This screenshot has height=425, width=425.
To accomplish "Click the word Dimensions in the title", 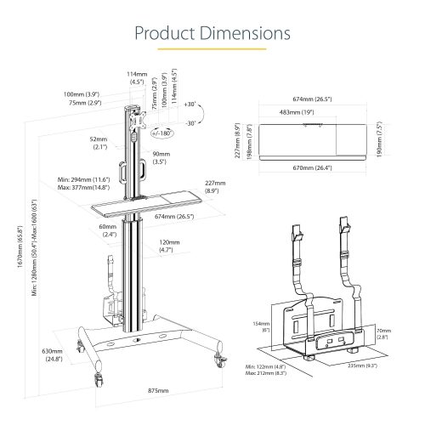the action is click(245, 33).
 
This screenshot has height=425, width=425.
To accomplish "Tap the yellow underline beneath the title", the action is click(212, 49).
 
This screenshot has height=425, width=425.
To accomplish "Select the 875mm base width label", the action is click(158, 390).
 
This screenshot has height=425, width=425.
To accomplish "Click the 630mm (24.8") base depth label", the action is click(53, 355).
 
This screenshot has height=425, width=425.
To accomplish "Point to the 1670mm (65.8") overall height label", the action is click(20, 246).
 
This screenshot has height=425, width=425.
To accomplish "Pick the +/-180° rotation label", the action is click(161, 133).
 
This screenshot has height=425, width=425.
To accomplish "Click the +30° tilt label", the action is click(190, 104).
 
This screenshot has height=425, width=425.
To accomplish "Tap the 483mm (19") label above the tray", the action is click(297, 112).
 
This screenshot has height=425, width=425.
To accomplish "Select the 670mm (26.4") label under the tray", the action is click(312, 167).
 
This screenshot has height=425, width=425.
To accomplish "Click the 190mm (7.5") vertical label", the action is click(379, 139).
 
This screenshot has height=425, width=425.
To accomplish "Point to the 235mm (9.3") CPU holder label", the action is click(363, 365).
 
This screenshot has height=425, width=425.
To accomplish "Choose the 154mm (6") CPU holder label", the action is click(261, 326).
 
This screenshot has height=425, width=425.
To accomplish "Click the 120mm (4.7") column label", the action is click(169, 246).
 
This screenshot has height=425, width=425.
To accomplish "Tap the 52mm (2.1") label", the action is click(99, 143).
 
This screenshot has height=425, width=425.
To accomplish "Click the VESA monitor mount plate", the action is click(138, 122).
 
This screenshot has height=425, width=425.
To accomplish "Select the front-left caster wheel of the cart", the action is click(99, 379).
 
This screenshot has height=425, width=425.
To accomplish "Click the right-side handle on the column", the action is click(142, 169).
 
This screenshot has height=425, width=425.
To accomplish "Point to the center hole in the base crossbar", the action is click(137, 339).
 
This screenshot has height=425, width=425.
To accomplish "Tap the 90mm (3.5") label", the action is click(161, 158).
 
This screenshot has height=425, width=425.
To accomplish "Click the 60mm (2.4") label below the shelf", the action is click(108, 230).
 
